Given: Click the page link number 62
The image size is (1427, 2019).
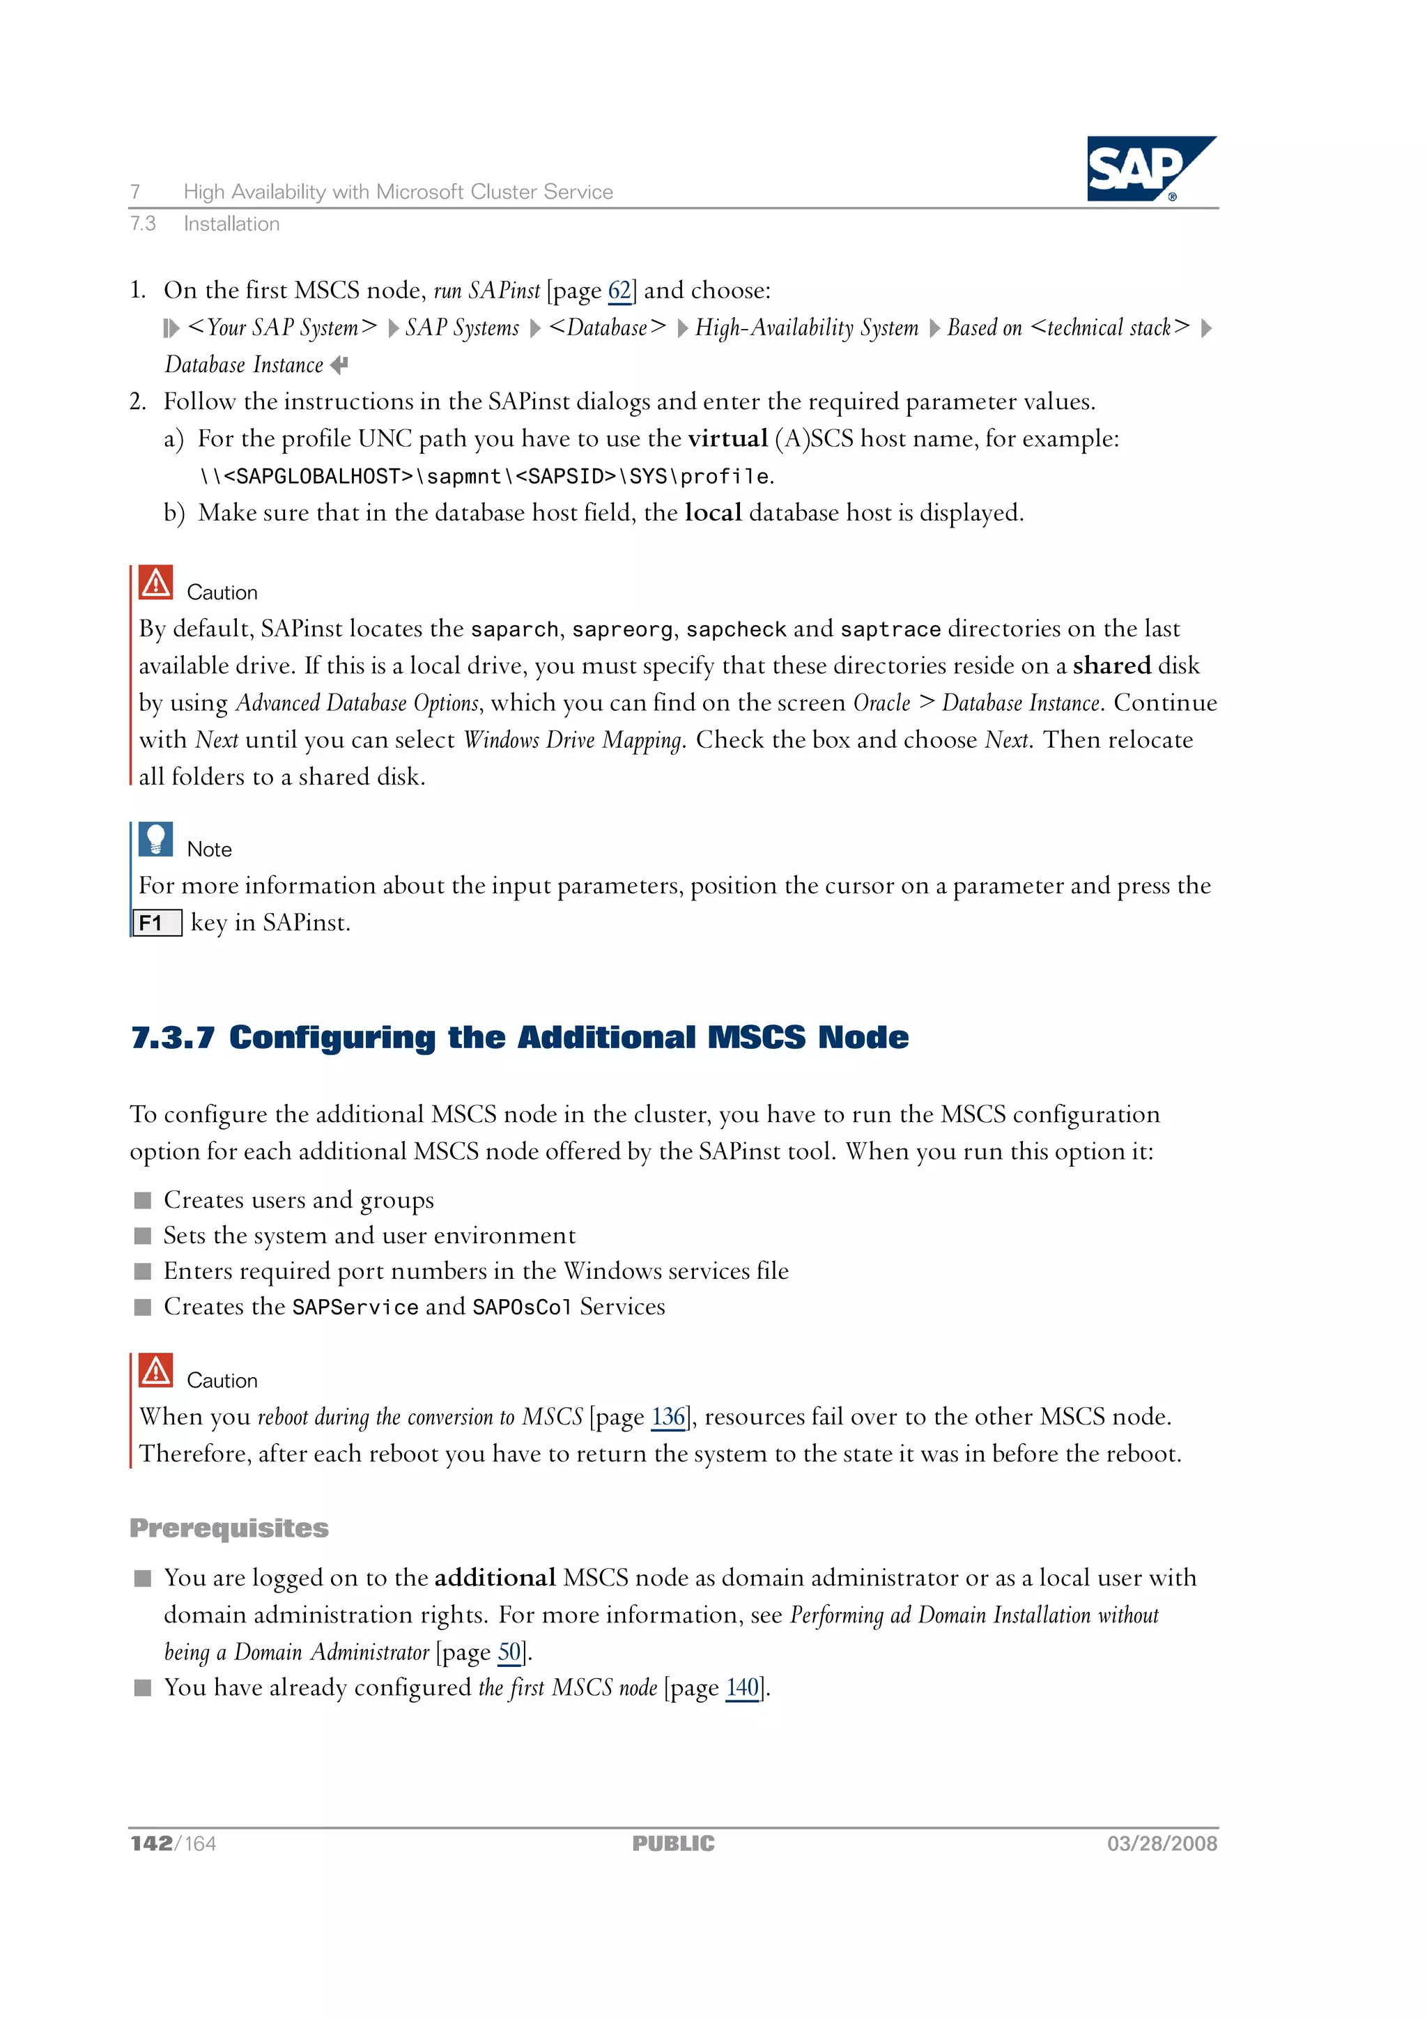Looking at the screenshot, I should pos(619,290).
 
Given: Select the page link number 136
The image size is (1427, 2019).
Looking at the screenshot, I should pos(668,1417).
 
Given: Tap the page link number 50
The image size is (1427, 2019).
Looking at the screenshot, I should pos(509,1652).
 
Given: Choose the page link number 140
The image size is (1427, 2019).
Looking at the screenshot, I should pos(742,1687).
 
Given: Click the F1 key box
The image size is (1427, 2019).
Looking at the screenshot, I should pos(157,923).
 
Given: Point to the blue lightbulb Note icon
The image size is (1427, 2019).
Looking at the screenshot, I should pos(155,840).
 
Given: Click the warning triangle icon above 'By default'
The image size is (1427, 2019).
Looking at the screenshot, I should pos(155,582).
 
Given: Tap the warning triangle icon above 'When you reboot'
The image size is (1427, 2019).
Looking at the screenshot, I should pos(155,1370).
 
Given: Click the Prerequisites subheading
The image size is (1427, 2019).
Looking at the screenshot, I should pos(229,1528).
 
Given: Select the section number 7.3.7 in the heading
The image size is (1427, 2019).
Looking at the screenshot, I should pos(172,1038).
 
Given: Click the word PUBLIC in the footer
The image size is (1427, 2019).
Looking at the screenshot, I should pos(674,1844).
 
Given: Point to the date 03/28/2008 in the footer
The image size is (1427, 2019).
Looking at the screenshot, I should pos(1162,1844).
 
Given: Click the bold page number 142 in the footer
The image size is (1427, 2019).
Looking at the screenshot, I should pos(151,1844).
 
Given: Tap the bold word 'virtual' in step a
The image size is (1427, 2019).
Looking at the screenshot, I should pos(728,439).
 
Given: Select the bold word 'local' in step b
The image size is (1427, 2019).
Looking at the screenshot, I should pos(713,513).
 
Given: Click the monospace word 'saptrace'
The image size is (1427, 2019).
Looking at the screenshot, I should pos(890,629).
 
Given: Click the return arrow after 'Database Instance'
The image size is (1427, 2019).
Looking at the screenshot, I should pos(339,364).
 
